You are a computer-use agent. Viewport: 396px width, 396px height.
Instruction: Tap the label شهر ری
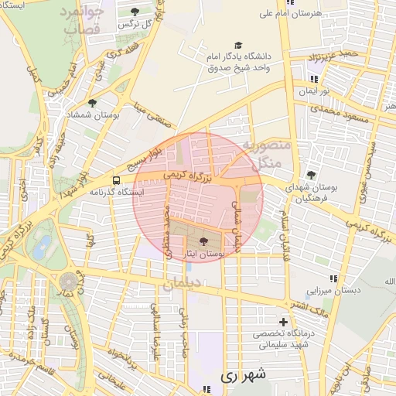click(x=243, y=376)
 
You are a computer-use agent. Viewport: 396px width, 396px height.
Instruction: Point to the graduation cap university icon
click(x=237, y=46)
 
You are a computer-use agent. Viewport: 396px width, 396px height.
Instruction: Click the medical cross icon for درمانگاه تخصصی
click(x=283, y=322)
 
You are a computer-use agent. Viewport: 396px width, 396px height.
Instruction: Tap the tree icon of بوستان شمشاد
click(x=93, y=102)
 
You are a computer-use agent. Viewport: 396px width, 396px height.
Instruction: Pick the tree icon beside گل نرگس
click(x=135, y=12)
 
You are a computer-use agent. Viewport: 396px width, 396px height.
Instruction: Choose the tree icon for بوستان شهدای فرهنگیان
click(x=311, y=175)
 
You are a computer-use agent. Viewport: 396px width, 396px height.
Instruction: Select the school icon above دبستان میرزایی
click(x=333, y=278)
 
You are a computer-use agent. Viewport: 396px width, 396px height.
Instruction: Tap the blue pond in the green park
click(x=43, y=246)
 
